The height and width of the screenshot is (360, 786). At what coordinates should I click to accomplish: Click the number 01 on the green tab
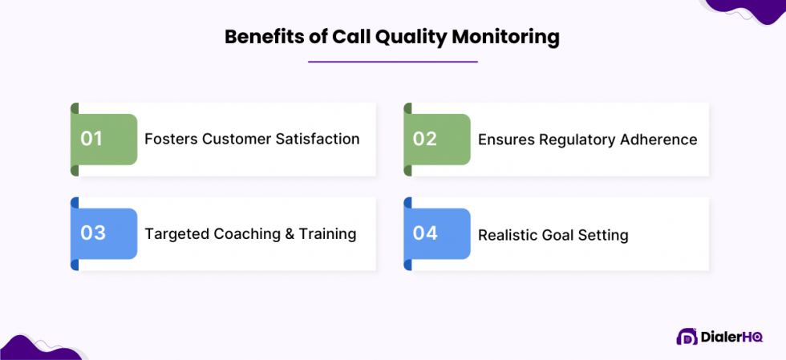(92, 139)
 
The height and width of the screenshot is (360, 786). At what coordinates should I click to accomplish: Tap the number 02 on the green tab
(425, 139)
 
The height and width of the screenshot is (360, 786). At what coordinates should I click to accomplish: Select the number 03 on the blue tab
(93, 233)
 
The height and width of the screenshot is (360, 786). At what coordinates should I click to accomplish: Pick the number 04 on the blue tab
(425, 233)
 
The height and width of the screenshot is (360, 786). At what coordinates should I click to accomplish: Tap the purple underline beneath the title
(393, 62)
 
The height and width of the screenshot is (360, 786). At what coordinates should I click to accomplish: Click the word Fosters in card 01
(171, 139)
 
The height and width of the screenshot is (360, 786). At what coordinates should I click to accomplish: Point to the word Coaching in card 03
(248, 234)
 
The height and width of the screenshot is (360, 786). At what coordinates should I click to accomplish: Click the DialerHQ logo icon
(686, 337)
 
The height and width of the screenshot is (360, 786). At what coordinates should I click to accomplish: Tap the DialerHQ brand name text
(731, 337)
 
